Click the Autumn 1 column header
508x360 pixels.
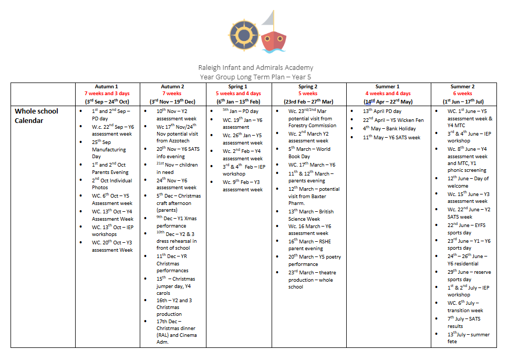(x=107, y=87)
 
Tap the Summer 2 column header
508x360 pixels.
(x=462, y=87)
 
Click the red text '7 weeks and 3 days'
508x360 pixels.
(x=107, y=94)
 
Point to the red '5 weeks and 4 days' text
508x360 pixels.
(x=238, y=94)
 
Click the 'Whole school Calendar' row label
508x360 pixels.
(x=36, y=116)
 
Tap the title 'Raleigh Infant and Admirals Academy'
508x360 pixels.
(x=255, y=67)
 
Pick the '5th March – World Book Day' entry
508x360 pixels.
(x=310, y=152)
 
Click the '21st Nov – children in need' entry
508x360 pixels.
(x=175, y=168)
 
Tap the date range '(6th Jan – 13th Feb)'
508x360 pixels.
(x=238, y=101)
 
